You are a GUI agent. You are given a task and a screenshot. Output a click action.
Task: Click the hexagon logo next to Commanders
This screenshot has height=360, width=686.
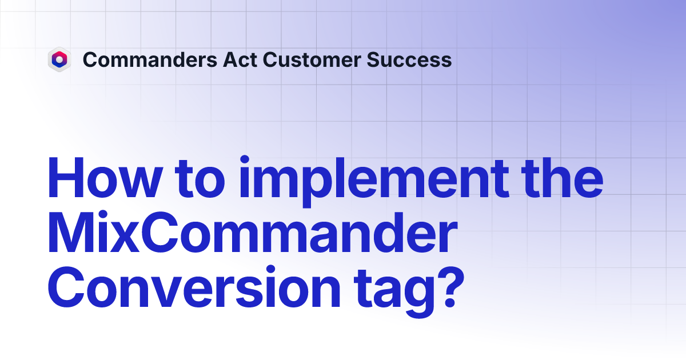[59, 59]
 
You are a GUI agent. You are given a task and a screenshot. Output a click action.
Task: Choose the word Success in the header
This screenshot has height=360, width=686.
[410, 59]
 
